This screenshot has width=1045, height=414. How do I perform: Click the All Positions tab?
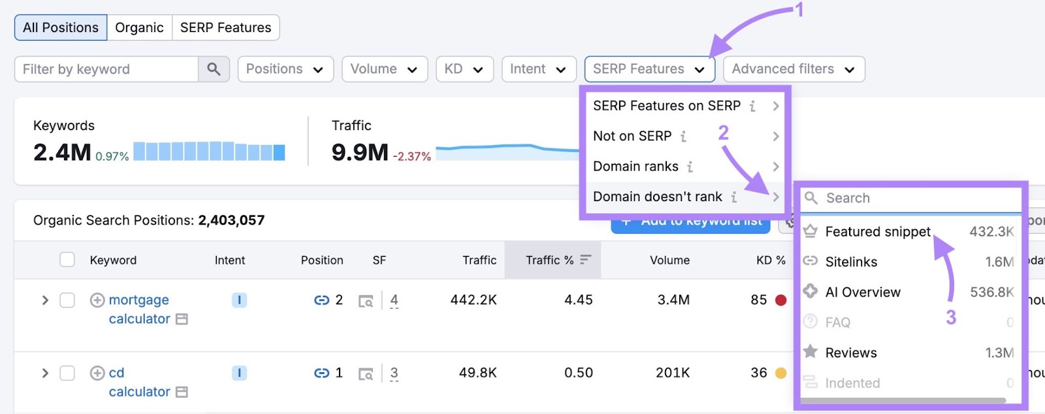point(61,27)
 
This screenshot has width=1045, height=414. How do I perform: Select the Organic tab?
point(139,27)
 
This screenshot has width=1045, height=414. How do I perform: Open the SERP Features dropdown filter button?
point(649,69)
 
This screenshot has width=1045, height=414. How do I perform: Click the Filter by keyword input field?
point(106,69)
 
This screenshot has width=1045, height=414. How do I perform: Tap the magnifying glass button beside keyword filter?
point(214,69)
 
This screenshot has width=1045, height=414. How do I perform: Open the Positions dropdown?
point(285,69)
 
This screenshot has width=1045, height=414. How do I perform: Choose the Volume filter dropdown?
point(384,69)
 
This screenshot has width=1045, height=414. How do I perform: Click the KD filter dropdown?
point(464,69)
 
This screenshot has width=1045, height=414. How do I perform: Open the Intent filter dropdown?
point(538,69)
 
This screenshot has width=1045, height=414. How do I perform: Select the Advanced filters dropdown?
point(793,69)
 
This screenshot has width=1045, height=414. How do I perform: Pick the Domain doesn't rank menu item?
point(658,197)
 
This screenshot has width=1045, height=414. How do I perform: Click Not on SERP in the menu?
point(632,136)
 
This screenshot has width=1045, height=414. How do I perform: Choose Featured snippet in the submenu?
point(877,232)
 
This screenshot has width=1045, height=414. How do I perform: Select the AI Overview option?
point(862,292)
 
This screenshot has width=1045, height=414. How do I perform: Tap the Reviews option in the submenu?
point(850,353)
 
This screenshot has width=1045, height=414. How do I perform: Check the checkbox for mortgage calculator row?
point(67,300)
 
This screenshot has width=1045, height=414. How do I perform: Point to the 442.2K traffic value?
point(474,300)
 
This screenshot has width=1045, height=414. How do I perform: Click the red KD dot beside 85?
point(780,300)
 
